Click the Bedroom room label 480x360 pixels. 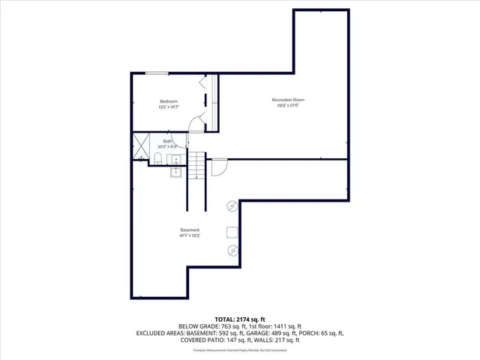point(168,101)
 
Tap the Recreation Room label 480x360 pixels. point(288,100)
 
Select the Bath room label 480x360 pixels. point(167,140)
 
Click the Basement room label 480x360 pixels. point(189,229)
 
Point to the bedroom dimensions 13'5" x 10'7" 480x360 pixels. point(168,107)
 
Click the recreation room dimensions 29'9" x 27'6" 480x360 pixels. point(288,106)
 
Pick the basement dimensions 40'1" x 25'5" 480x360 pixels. point(189,235)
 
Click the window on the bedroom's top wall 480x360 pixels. point(157,73)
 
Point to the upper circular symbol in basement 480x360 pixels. point(232,206)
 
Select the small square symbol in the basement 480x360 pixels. point(232,232)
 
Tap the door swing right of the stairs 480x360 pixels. point(217,166)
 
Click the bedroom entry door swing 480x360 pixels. point(196,124)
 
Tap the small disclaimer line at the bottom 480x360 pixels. point(239,350)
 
